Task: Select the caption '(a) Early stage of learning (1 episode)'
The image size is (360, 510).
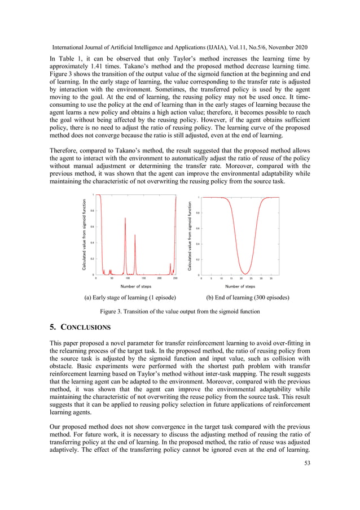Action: [130, 297]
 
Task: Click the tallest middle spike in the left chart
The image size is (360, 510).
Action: [125, 219]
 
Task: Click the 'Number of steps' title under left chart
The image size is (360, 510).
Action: [136, 286]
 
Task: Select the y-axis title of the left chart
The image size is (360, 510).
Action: [84, 234]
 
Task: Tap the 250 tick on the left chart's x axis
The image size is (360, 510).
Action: [175, 278]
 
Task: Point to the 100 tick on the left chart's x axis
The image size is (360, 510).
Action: [128, 278]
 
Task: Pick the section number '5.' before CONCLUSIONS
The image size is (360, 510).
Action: [54, 327]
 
